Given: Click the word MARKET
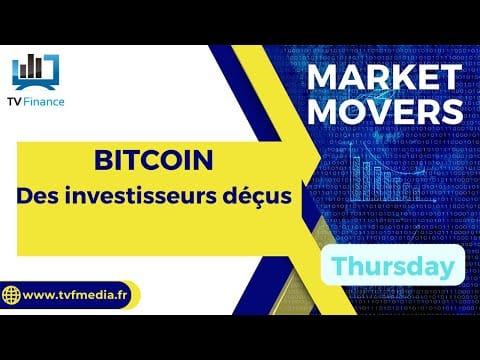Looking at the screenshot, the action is (x=384, y=77).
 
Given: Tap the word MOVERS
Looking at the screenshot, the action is (x=385, y=111).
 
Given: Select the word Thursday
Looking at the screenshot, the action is (x=393, y=266).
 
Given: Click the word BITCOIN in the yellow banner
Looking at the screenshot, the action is (x=153, y=160).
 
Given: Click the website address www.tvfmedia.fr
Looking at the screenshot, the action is (x=75, y=295).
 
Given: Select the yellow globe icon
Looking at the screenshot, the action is (x=11, y=295).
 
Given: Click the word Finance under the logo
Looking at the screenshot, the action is (x=44, y=102).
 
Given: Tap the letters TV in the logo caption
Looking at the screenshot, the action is (x=15, y=102).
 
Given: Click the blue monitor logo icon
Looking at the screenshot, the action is (x=36, y=72).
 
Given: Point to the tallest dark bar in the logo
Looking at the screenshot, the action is (x=32, y=66).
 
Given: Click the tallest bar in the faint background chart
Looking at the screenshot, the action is (x=356, y=179).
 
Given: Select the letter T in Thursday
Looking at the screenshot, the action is (x=339, y=266).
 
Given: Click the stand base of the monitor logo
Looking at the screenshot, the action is (x=35, y=86).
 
